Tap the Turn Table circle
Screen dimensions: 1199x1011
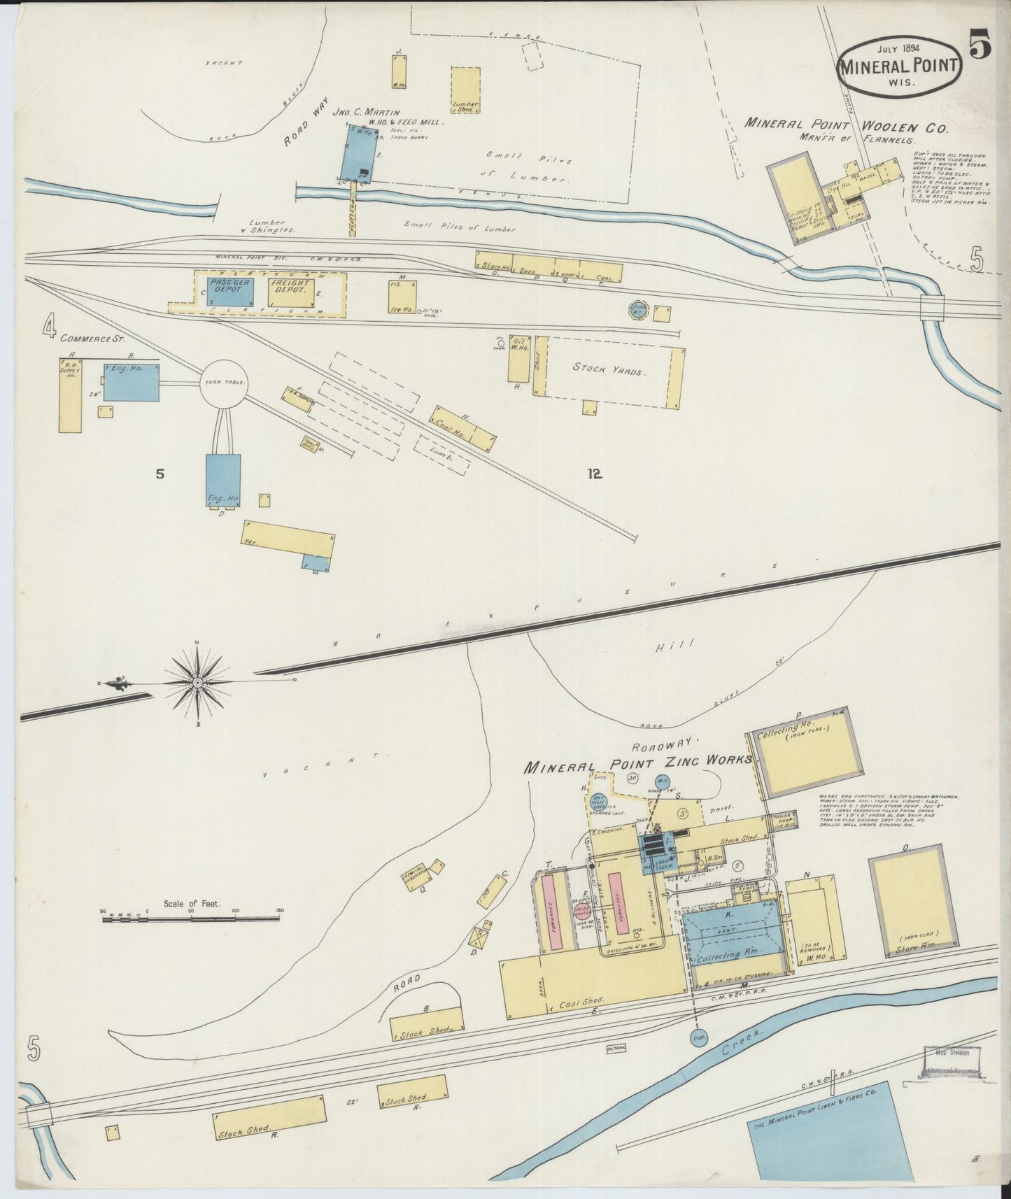pos(223,383)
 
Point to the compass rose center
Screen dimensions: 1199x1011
pos(198,681)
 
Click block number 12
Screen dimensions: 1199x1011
pos(595,474)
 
